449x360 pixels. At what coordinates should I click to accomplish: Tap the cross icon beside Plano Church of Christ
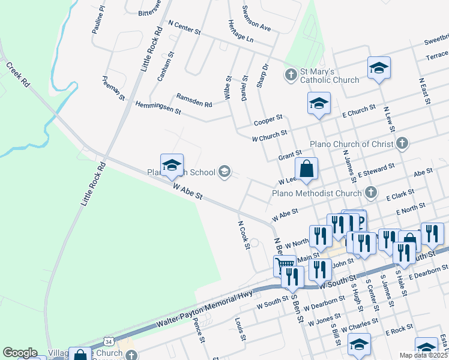pos(402,143)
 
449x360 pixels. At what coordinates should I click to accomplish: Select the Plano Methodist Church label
pos(318,193)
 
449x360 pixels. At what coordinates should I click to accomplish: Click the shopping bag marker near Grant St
pos(306,169)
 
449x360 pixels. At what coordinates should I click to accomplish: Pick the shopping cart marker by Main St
pos(285,265)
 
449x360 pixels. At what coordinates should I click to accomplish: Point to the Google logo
pos(20,353)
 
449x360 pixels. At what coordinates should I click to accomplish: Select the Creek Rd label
pos(18,74)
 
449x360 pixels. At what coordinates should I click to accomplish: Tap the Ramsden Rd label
pos(194,100)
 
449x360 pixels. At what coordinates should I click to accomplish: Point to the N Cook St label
pos(243,231)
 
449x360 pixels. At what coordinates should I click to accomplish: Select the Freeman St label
pos(113,89)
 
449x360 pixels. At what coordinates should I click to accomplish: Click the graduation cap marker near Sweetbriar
pos(379,68)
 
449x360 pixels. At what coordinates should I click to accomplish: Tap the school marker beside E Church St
pos(319,103)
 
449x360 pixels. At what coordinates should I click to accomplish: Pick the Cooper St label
pos(268,120)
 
